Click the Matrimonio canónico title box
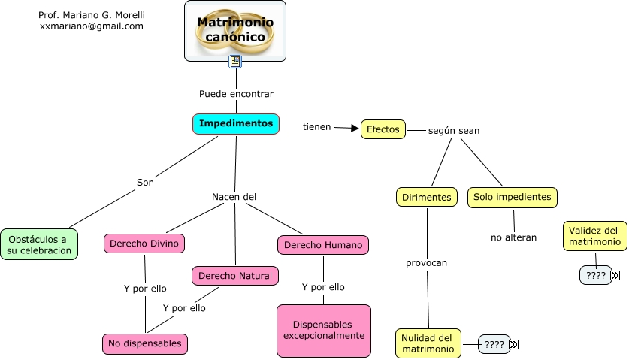[235, 30]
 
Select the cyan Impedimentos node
[236, 123]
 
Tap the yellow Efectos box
[383, 129]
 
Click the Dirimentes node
[427, 197]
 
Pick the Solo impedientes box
[513, 197]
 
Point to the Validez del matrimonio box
[593, 236]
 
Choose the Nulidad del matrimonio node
[428, 343]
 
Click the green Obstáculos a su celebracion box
[38, 244]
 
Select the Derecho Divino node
[144, 244]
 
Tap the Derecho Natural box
[235, 275]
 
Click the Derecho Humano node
[323, 244]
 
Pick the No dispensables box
[144, 343]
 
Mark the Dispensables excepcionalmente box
[324, 330]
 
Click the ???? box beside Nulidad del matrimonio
[494, 344]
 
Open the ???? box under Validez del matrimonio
[595, 275]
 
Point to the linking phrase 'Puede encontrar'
[236, 94]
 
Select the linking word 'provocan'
[426, 263]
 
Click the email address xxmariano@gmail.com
[91, 26]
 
